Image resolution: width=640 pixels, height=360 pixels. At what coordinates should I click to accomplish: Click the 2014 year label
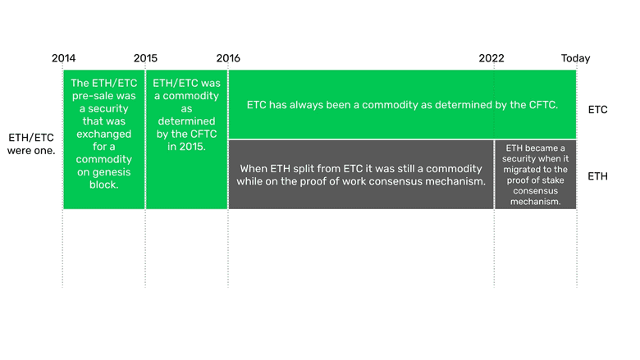tap(63, 58)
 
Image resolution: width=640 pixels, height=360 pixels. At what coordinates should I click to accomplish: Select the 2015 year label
tap(145, 58)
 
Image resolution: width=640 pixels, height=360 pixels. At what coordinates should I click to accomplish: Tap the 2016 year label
tap(228, 58)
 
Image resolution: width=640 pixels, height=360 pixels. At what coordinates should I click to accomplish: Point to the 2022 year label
tap(492, 58)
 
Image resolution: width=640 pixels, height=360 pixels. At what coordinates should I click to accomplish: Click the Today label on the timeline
tap(575, 58)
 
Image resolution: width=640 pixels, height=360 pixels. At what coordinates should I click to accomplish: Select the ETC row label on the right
tap(597, 109)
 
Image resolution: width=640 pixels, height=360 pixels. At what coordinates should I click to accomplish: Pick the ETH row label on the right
tap(597, 175)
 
